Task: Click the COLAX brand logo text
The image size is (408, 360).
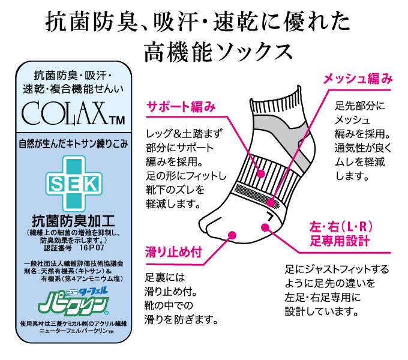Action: [65, 113]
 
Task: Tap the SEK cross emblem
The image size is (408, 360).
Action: [74, 184]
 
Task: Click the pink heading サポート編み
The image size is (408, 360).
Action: [181, 107]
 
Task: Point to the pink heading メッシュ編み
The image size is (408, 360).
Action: [358, 79]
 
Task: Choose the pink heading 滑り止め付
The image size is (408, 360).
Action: [173, 252]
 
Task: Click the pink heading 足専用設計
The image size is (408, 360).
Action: [340, 241]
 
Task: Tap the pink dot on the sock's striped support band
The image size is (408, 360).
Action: [261, 173]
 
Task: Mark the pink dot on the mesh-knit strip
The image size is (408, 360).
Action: [271, 202]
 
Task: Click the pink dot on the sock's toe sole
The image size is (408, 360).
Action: [232, 235]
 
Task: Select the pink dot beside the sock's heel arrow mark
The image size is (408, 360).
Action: [265, 227]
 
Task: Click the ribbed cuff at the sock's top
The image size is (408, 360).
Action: [277, 103]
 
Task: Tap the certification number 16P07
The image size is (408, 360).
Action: [92, 247]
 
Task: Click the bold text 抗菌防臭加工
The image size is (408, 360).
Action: [73, 221]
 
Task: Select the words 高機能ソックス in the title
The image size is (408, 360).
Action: [218, 53]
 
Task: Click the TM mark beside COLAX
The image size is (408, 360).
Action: [117, 121]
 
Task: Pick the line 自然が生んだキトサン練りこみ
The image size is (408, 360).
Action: [73, 144]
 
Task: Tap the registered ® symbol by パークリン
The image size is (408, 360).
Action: [107, 313]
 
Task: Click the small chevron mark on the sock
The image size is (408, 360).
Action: [271, 216]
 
